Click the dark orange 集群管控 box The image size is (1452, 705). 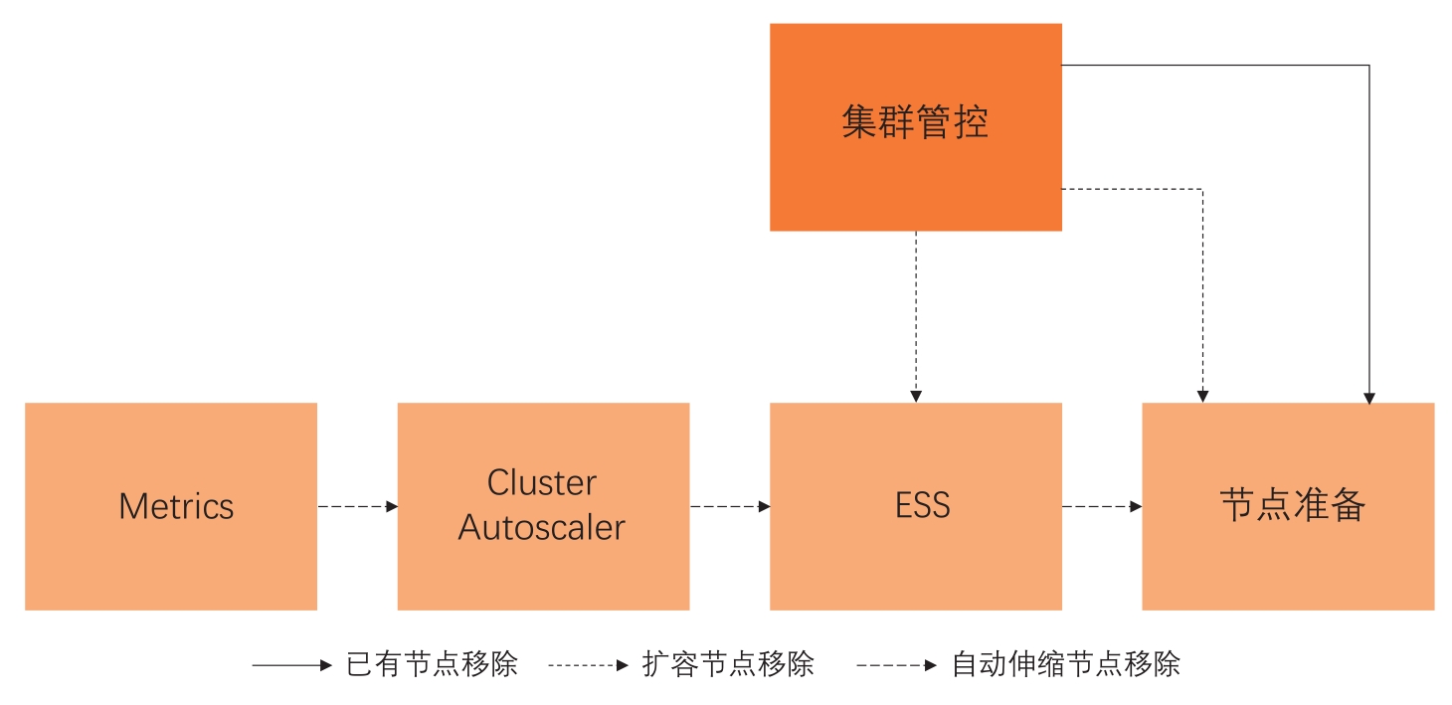(x=915, y=126)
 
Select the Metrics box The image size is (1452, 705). (x=171, y=506)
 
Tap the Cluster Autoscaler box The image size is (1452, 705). (x=543, y=506)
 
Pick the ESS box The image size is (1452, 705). (x=915, y=506)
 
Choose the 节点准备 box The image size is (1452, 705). (x=1288, y=506)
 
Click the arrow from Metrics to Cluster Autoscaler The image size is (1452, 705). (x=357, y=506)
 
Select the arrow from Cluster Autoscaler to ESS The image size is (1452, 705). (x=729, y=506)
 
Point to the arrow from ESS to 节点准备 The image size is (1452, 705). (x=1101, y=506)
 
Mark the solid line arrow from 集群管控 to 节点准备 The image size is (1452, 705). (x=1369, y=229)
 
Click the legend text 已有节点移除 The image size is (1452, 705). (x=432, y=664)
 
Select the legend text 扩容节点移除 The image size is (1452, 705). (x=728, y=664)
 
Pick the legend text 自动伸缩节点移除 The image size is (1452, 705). (x=1066, y=664)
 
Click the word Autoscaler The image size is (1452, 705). (x=542, y=527)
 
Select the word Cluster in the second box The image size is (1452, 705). (x=542, y=483)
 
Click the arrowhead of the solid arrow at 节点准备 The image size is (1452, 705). (x=1369, y=398)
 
